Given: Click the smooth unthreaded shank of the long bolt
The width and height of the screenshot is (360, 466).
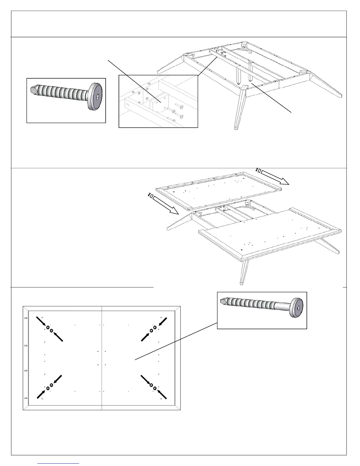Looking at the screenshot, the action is coord(282,307).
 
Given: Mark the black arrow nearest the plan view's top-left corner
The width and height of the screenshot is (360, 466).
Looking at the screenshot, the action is coord(41,321).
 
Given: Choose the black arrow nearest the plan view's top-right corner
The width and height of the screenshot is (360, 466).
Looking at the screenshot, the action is coord(163,321).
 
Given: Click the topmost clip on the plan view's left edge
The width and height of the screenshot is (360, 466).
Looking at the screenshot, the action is coord(26,318).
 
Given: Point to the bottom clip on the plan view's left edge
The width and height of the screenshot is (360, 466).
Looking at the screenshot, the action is coord(26,398).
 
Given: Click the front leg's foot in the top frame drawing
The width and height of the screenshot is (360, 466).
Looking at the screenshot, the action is coord(236,128).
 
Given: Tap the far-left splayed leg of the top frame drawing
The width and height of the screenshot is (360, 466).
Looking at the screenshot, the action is coord(171,64).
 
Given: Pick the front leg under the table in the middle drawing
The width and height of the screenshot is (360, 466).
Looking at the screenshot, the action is coord(244,272).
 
